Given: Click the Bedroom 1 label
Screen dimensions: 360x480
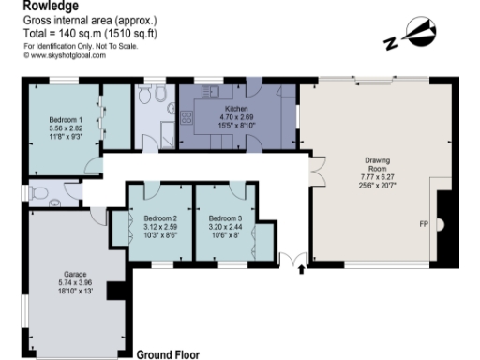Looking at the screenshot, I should click(x=66, y=120).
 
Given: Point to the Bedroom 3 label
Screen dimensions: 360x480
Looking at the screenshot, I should click(x=225, y=218).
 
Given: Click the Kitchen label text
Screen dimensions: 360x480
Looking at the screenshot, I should click(x=210, y=109).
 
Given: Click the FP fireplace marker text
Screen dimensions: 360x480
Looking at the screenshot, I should click(x=424, y=225).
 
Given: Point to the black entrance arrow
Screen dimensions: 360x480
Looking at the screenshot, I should click(x=301, y=270).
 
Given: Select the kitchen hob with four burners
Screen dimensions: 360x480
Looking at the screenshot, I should click(x=186, y=118).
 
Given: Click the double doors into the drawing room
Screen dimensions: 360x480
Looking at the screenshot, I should click(x=316, y=172).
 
